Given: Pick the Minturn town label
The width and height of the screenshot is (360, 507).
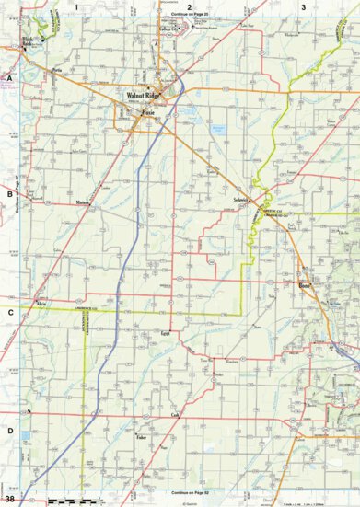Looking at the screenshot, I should [x=83, y=202].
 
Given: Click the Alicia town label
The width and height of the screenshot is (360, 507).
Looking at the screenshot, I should [x=41, y=302].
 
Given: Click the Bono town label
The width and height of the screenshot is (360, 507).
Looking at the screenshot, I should [x=304, y=287].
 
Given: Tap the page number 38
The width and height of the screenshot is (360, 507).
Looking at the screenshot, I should [x=9, y=498].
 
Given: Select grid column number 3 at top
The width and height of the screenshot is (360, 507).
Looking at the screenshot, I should [x=303, y=7].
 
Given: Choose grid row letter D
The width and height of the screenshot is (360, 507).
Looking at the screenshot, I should [x=9, y=431].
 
